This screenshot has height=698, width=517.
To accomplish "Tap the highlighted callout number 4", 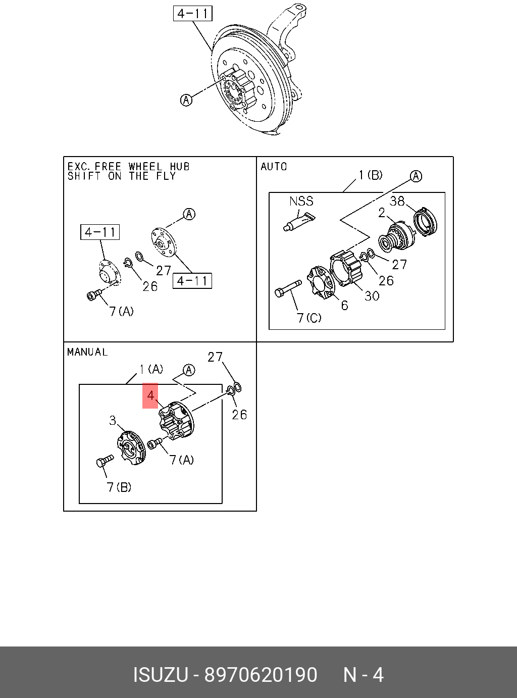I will pos(150,395).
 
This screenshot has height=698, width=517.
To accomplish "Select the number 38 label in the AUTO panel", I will pos(397,201).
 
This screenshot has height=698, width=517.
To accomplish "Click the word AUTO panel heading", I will pos(274,167).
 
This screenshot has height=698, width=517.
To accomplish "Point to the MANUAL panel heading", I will pos(87,352).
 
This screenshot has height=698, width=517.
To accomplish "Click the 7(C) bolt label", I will pos(309,318).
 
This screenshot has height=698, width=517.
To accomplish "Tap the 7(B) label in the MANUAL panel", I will pos(119,487).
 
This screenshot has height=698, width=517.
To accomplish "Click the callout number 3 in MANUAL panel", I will pos(113,420).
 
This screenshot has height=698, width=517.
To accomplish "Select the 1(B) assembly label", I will pos(371,175).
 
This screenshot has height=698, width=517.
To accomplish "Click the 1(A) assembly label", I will pos(151,369).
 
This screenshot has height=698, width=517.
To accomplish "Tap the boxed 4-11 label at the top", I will pos(192,13).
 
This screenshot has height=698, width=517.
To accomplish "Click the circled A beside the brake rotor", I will pos(186,100).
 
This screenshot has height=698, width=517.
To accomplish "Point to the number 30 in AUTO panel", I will pos(372,296).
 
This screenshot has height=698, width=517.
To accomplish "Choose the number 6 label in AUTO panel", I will pos(344,305).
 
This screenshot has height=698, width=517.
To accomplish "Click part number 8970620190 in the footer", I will pos(261,675).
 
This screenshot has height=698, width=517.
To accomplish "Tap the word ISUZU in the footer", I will pos(160,675).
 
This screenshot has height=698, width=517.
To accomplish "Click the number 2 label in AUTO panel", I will pos(382,213).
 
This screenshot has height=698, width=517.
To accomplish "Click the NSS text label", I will pos(301,201).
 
